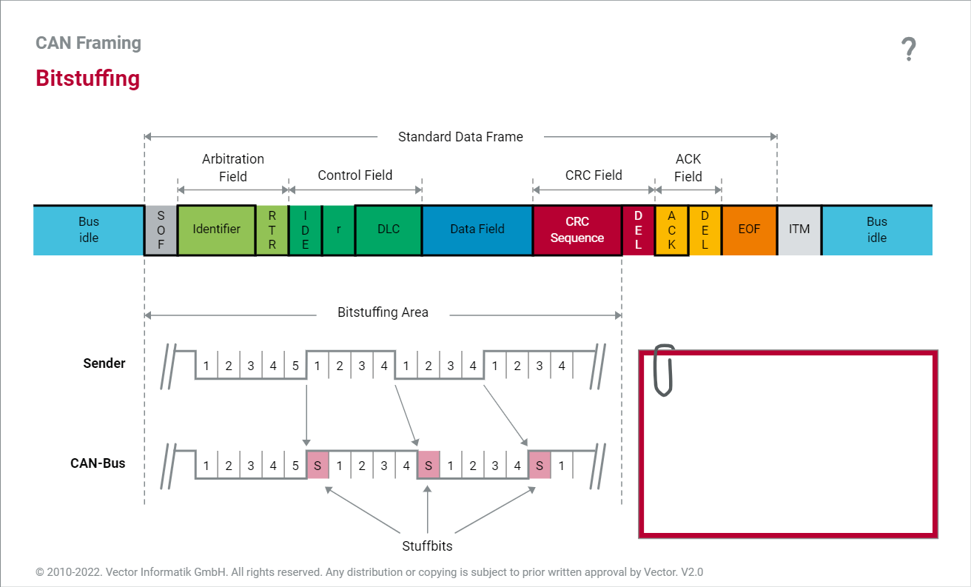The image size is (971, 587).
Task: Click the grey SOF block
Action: point(161,230)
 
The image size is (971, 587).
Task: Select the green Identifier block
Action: point(216,229)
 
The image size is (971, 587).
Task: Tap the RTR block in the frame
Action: point(272,230)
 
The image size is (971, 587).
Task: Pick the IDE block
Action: point(305,230)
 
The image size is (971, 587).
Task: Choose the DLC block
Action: point(389,229)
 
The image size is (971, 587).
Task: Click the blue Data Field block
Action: point(477,229)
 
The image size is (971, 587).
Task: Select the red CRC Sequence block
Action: point(577,230)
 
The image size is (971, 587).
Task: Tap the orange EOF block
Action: point(749,229)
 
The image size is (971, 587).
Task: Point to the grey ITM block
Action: point(799,229)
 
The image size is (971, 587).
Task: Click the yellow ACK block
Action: point(672,230)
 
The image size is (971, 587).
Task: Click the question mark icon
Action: point(909,50)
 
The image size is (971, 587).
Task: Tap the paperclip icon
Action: point(664,369)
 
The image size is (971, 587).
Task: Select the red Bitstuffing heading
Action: point(87,78)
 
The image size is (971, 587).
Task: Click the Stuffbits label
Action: point(427,546)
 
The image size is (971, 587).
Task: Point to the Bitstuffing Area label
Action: point(383,312)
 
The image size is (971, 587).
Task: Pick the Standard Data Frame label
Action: point(460,137)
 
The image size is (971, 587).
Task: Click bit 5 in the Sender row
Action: point(295,366)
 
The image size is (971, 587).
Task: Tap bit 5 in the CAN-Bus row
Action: point(295,466)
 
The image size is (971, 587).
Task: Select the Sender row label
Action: point(104,363)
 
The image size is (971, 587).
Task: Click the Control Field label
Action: point(355,175)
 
